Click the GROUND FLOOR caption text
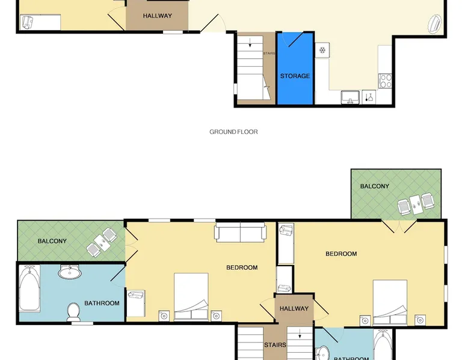233,132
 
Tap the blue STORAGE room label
295,76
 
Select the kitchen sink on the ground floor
350,97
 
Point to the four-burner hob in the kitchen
385,81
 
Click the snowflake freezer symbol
322,50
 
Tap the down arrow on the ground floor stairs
250,43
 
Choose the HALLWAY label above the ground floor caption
157,16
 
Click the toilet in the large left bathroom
73,312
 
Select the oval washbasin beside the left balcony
70,272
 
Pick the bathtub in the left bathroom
29,288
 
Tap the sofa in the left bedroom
240,232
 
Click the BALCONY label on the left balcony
52,241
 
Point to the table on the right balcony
416,205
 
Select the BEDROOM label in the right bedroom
341,254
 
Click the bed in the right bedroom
390,302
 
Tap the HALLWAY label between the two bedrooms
294,308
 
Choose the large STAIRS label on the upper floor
275,345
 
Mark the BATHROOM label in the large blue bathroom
102,304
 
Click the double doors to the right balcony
399,227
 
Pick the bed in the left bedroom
191,297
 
